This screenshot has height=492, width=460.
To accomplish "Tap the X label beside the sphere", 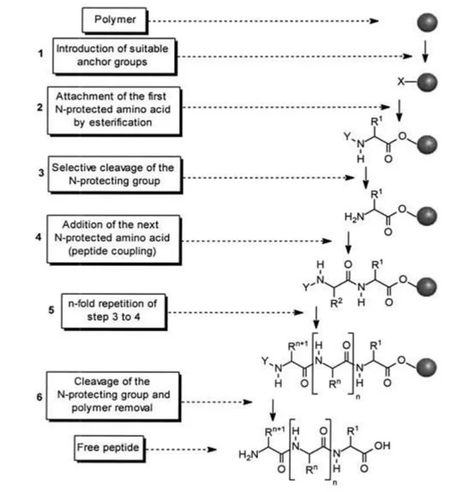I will (x=401, y=82).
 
